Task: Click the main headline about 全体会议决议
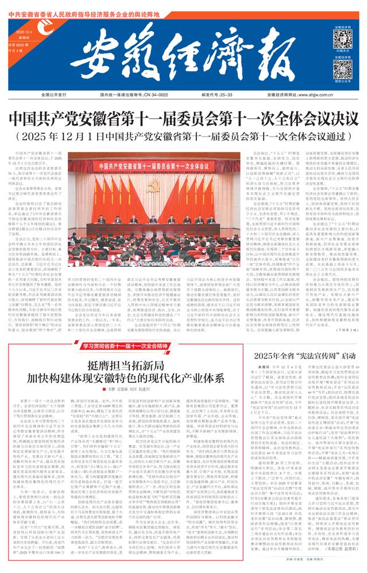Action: pyautogui.click(x=184, y=119)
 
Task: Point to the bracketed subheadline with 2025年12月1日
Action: pyautogui.click(x=184, y=137)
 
